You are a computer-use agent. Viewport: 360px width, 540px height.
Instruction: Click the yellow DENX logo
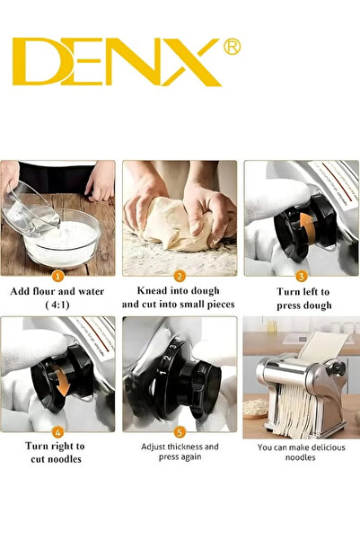click(117, 62)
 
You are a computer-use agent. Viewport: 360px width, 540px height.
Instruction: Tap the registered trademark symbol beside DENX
click(231, 47)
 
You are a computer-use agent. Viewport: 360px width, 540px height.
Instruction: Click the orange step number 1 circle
click(57, 276)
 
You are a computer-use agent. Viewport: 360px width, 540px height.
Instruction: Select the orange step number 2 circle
click(180, 276)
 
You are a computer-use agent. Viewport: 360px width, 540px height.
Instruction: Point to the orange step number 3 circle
click(302, 276)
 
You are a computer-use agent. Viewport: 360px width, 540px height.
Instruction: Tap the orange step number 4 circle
click(57, 430)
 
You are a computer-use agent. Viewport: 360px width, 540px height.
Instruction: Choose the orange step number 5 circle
click(180, 430)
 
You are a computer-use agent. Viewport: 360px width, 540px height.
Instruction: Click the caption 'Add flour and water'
click(57, 292)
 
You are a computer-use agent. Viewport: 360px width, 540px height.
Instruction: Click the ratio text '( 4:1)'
click(57, 305)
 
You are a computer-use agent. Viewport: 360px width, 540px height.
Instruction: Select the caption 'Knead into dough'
click(180, 292)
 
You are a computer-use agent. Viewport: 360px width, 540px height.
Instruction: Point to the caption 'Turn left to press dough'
click(302, 298)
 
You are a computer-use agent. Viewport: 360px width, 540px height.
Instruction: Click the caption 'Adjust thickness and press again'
click(180, 453)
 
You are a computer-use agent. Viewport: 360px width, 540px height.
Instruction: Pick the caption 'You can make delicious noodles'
click(302, 453)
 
